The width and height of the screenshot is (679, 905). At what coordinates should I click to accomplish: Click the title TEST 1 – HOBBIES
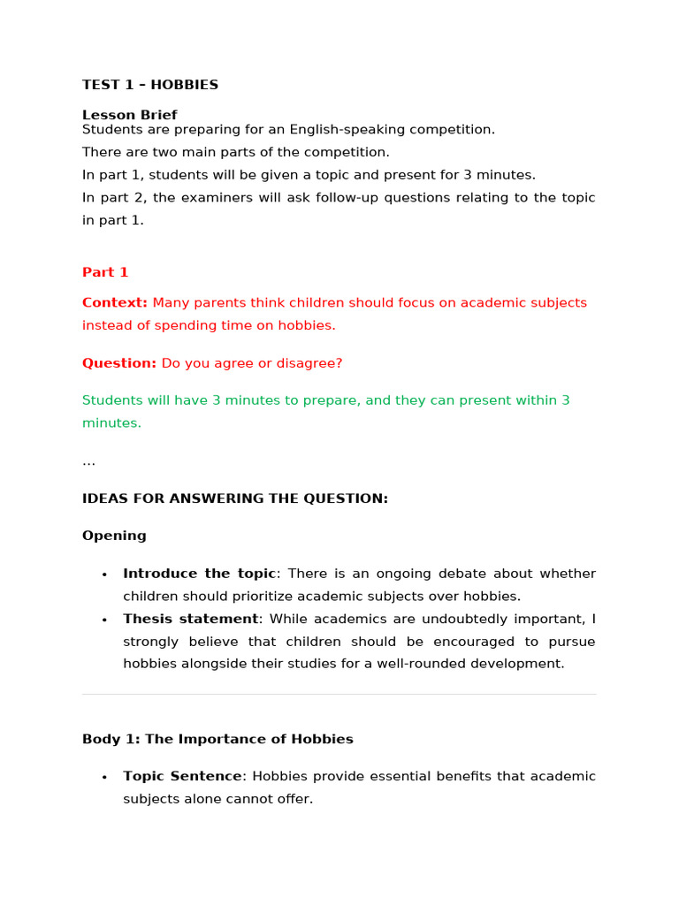click(x=150, y=85)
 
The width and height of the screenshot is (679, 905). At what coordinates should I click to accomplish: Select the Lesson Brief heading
click(x=130, y=115)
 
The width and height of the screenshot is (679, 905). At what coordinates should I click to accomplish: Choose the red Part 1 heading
click(x=105, y=272)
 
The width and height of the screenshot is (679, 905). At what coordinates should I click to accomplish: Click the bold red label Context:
click(x=115, y=303)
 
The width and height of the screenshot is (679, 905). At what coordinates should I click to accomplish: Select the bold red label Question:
click(x=119, y=363)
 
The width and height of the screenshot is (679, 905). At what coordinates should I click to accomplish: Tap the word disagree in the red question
click(x=313, y=363)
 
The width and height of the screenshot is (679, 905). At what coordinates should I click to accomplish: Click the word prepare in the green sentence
click(x=331, y=400)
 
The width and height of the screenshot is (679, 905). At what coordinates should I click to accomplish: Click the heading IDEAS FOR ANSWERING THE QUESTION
click(x=235, y=498)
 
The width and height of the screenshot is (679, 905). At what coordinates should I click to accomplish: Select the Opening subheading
click(x=114, y=536)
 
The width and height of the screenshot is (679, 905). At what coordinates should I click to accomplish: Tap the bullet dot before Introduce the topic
click(x=104, y=574)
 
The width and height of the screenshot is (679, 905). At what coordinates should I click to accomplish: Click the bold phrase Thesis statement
click(x=190, y=619)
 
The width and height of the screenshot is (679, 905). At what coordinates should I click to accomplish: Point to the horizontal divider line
click(x=339, y=695)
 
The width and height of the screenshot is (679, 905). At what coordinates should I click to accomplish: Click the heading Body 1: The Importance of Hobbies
click(x=217, y=739)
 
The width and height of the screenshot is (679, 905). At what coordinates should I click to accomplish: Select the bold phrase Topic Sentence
click(x=182, y=776)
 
